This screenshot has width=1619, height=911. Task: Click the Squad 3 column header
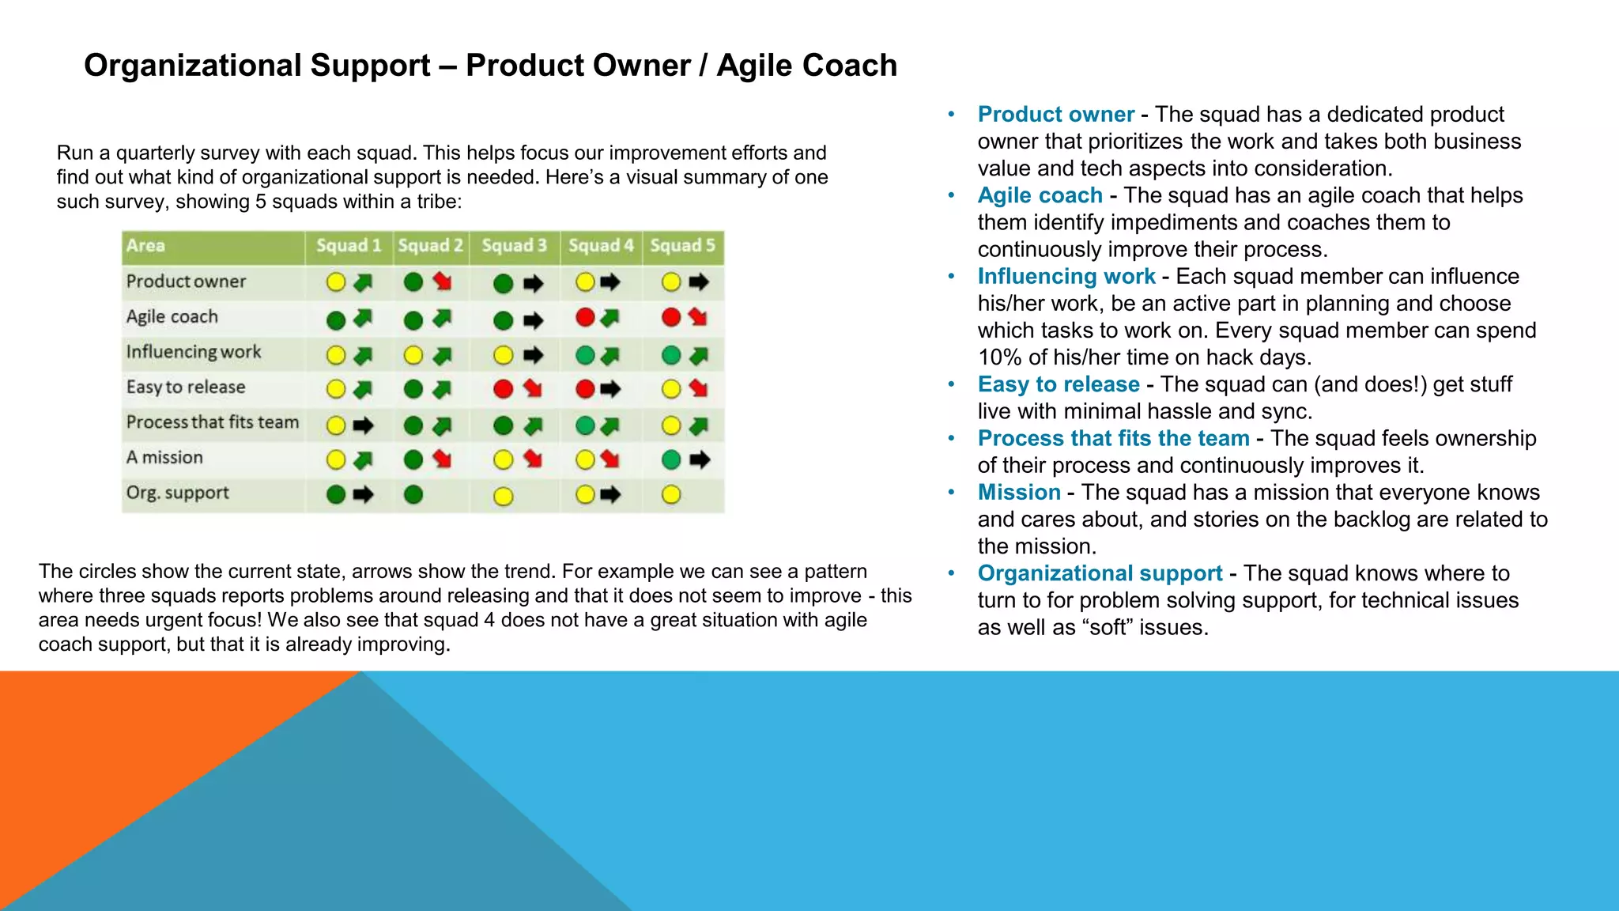tap(514, 246)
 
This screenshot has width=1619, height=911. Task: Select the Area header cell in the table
tap(145, 246)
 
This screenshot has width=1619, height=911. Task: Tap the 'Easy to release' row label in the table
tap(186, 387)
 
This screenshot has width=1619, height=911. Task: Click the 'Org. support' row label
tap(178, 493)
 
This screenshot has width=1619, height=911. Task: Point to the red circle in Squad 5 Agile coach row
tap(671, 318)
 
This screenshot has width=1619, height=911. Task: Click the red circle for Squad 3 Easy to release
tap(503, 389)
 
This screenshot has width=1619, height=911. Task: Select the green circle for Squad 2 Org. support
tap(413, 495)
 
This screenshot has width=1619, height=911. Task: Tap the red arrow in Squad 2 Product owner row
tap(442, 282)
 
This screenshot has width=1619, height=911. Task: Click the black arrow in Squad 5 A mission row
tap(699, 459)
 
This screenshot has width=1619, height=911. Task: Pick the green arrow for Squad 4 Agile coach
tap(609, 318)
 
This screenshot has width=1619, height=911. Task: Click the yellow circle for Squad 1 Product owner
tap(336, 282)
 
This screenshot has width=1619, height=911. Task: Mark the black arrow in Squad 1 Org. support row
tap(363, 495)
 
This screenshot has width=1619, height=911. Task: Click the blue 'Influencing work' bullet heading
tap(1066, 277)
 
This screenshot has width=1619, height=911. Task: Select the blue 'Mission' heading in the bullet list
tap(1018, 493)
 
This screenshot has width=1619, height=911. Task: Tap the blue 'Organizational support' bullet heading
tap(1100, 573)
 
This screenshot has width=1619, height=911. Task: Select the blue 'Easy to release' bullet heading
tap(1058, 384)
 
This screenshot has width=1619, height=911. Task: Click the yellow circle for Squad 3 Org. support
tap(503, 497)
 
